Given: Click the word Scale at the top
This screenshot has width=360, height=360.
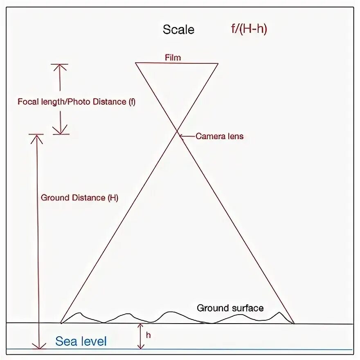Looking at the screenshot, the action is (178, 29).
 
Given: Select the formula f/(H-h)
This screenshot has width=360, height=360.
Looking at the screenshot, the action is (249, 29).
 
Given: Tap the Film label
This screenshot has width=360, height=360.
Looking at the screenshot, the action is (173, 57).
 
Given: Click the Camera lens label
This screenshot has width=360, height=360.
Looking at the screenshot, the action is (219, 136).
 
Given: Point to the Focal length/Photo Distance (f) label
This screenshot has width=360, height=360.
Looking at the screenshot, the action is (76, 102).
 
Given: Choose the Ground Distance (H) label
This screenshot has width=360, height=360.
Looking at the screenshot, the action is (79, 198).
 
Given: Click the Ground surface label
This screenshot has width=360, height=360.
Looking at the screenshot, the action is (230, 308).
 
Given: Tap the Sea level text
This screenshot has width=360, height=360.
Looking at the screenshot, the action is (81, 341).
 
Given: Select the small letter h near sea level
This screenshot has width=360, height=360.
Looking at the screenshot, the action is (148, 335).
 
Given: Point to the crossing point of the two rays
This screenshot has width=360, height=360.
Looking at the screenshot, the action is (178, 131).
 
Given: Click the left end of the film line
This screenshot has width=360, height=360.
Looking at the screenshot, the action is (136, 63).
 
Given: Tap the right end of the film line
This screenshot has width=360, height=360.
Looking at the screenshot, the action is (218, 63).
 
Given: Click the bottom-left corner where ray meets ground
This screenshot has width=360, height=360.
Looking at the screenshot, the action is (61, 323).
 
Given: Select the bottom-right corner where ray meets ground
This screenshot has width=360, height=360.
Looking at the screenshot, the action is (294, 323).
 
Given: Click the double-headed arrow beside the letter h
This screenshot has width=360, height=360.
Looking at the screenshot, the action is (140, 336).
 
